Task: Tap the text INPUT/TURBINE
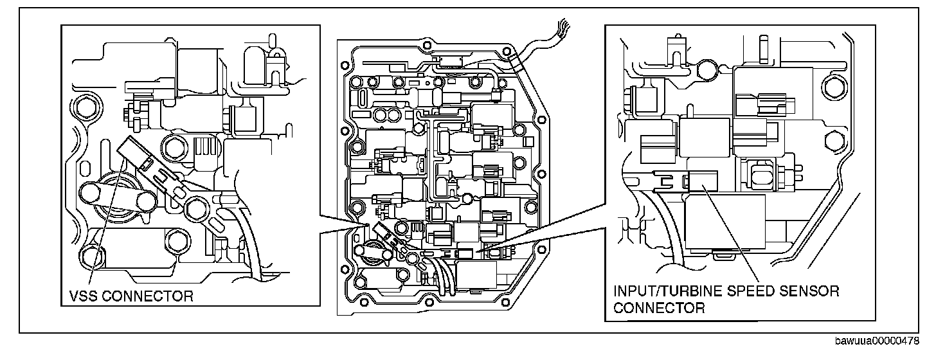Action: coord(665,291)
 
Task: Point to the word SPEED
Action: coord(744,291)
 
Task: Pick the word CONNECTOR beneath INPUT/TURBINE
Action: coord(659,307)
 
